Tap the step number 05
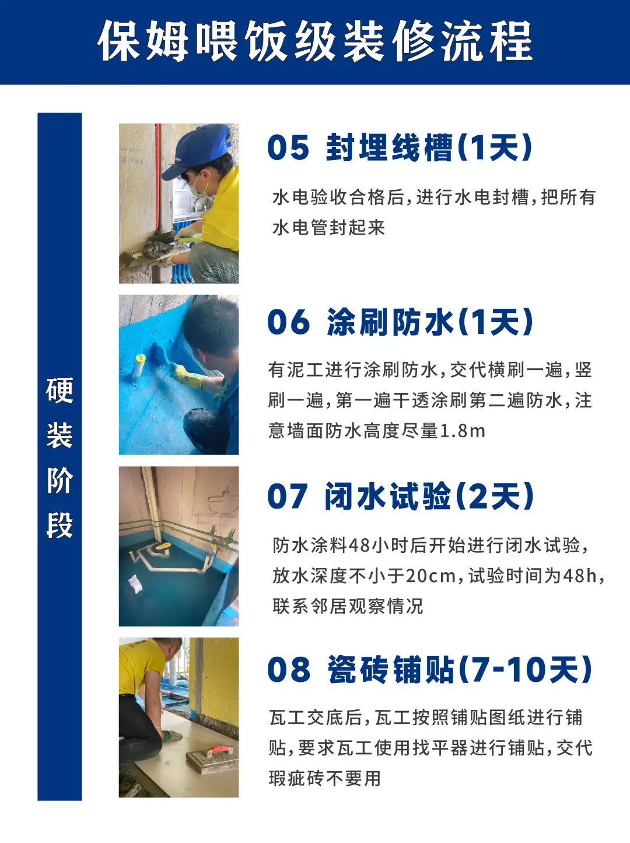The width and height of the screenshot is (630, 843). (x=288, y=148)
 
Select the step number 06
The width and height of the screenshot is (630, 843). (x=289, y=322)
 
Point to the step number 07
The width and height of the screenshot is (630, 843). (x=288, y=496)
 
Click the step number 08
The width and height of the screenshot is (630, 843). (x=289, y=670)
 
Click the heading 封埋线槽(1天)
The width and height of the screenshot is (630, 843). (x=429, y=148)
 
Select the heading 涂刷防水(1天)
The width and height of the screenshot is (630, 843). (x=430, y=322)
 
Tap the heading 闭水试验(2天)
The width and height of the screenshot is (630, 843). (x=429, y=496)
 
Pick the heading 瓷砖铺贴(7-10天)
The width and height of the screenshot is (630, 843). (x=459, y=670)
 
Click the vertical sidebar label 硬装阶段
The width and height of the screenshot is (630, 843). (x=60, y=458)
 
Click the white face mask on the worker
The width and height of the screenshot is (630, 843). (x=199, y=188)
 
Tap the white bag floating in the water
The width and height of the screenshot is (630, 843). (x=135, y=584)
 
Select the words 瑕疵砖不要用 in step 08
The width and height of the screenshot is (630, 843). (x=324, y=778)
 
